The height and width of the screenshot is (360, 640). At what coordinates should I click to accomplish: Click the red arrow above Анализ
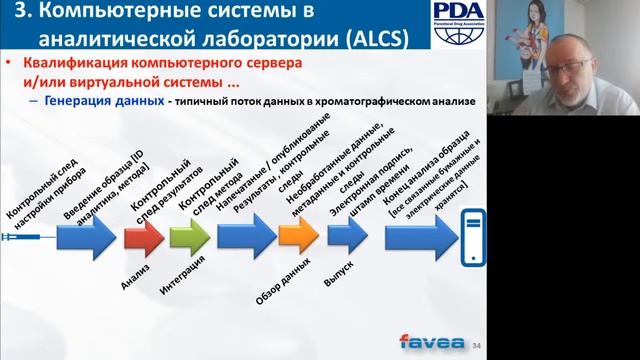[x=143, y=237]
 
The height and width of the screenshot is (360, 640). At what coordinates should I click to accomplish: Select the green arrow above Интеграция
[x=189, y=237]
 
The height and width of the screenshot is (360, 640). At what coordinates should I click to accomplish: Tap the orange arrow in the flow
[x=298, y=237]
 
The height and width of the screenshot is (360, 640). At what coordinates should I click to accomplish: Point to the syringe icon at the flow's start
[x=22, y=238]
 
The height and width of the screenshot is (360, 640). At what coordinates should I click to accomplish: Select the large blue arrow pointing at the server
[x=407, y=238]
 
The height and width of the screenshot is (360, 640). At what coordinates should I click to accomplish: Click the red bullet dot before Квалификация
[x=10, y=62]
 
